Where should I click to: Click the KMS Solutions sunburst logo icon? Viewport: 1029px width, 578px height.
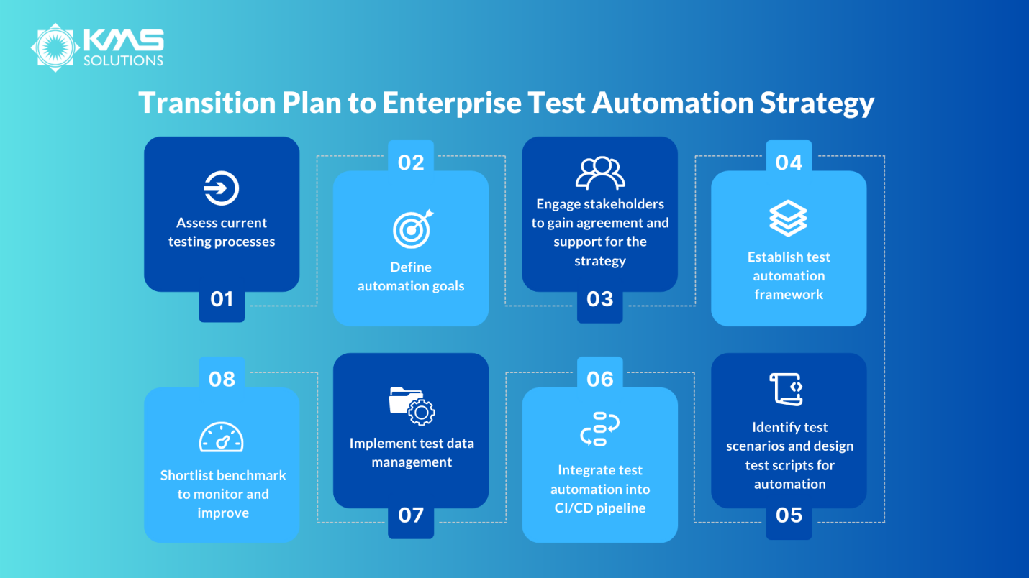coord(55,47)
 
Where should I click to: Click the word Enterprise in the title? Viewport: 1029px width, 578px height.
coord(452,103)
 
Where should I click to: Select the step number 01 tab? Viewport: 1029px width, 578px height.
coord(222,299)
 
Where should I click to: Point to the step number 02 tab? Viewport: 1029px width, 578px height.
coord(411,162)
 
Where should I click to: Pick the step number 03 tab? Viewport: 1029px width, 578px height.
coord(600,299)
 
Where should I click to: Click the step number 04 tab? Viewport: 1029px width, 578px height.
coord(789,162)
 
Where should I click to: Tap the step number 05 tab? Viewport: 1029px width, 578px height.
coord(789,515)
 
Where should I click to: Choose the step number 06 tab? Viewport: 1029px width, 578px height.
coord(600,379)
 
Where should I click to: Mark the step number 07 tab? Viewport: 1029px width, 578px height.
coord(411,515)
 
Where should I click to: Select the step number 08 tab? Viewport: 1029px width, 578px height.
coord(222,379)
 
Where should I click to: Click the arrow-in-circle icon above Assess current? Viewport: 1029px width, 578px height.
coord(222,189)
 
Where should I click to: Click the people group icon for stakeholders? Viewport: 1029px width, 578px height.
coord(600,173)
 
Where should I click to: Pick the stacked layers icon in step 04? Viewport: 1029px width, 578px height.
coord(788,218)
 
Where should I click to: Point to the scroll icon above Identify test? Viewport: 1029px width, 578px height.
coord(787,389)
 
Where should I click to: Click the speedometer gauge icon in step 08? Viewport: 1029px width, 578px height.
coord(222,437)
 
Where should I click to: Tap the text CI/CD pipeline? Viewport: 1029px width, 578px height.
coord(599,508)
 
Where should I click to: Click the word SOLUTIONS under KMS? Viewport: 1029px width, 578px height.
coord(123,61)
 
